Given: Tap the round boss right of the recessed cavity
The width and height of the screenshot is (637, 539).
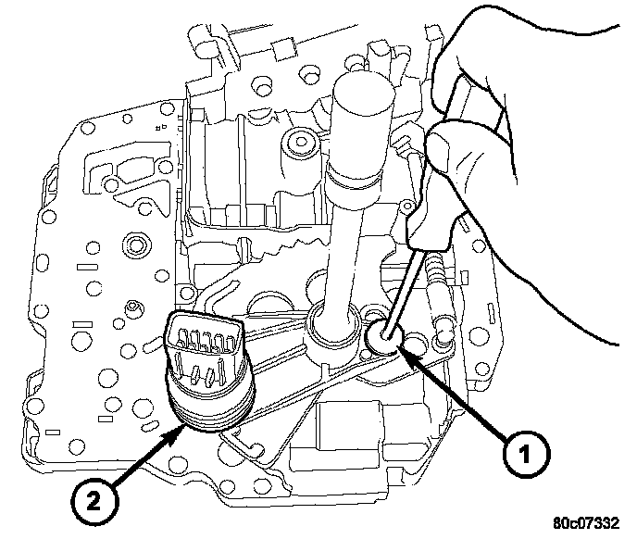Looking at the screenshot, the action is coord(299,143).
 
